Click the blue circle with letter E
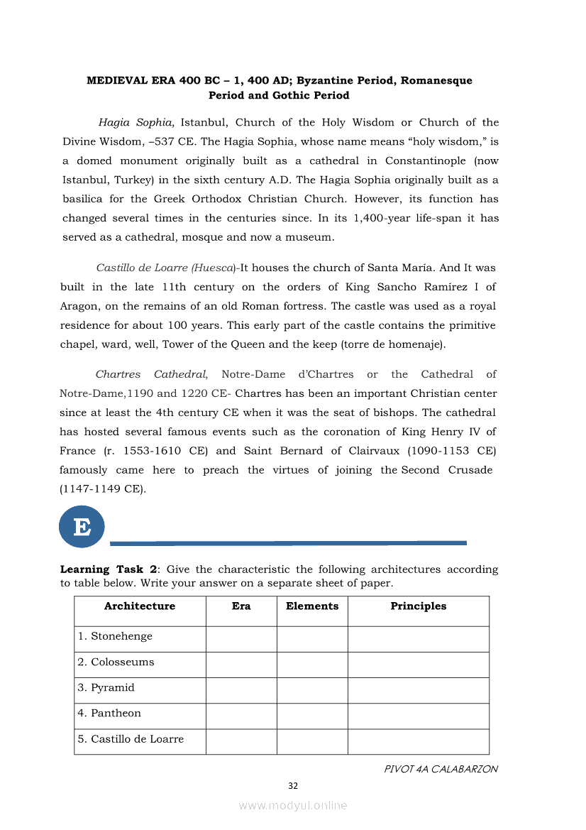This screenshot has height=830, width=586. point(82,527)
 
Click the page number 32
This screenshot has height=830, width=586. point(293,785)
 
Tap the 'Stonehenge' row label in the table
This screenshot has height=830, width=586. point(121,636)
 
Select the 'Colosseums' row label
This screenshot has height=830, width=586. point(122,662)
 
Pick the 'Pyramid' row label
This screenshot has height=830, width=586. point(112,687)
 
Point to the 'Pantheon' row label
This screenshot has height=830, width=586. point(116,713)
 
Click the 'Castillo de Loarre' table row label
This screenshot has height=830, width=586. point(137,738)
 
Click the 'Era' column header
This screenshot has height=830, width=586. point(241,606)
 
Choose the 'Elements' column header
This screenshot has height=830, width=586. point(312,606)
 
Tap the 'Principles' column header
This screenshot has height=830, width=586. point(419,606)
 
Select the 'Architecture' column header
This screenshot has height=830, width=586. point(140,606)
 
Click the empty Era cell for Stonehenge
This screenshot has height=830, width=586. point(241,639)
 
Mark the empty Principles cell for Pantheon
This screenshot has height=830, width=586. point(419,716)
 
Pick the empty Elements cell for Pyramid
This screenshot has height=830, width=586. point(312,690)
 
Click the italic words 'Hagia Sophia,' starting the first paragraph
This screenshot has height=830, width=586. point(136,122)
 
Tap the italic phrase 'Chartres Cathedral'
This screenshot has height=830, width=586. point(151,374)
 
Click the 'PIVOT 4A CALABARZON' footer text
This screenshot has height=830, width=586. point(441,769)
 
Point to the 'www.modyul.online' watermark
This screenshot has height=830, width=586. point(293,805)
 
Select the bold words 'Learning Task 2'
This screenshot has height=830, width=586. point(109,569)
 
